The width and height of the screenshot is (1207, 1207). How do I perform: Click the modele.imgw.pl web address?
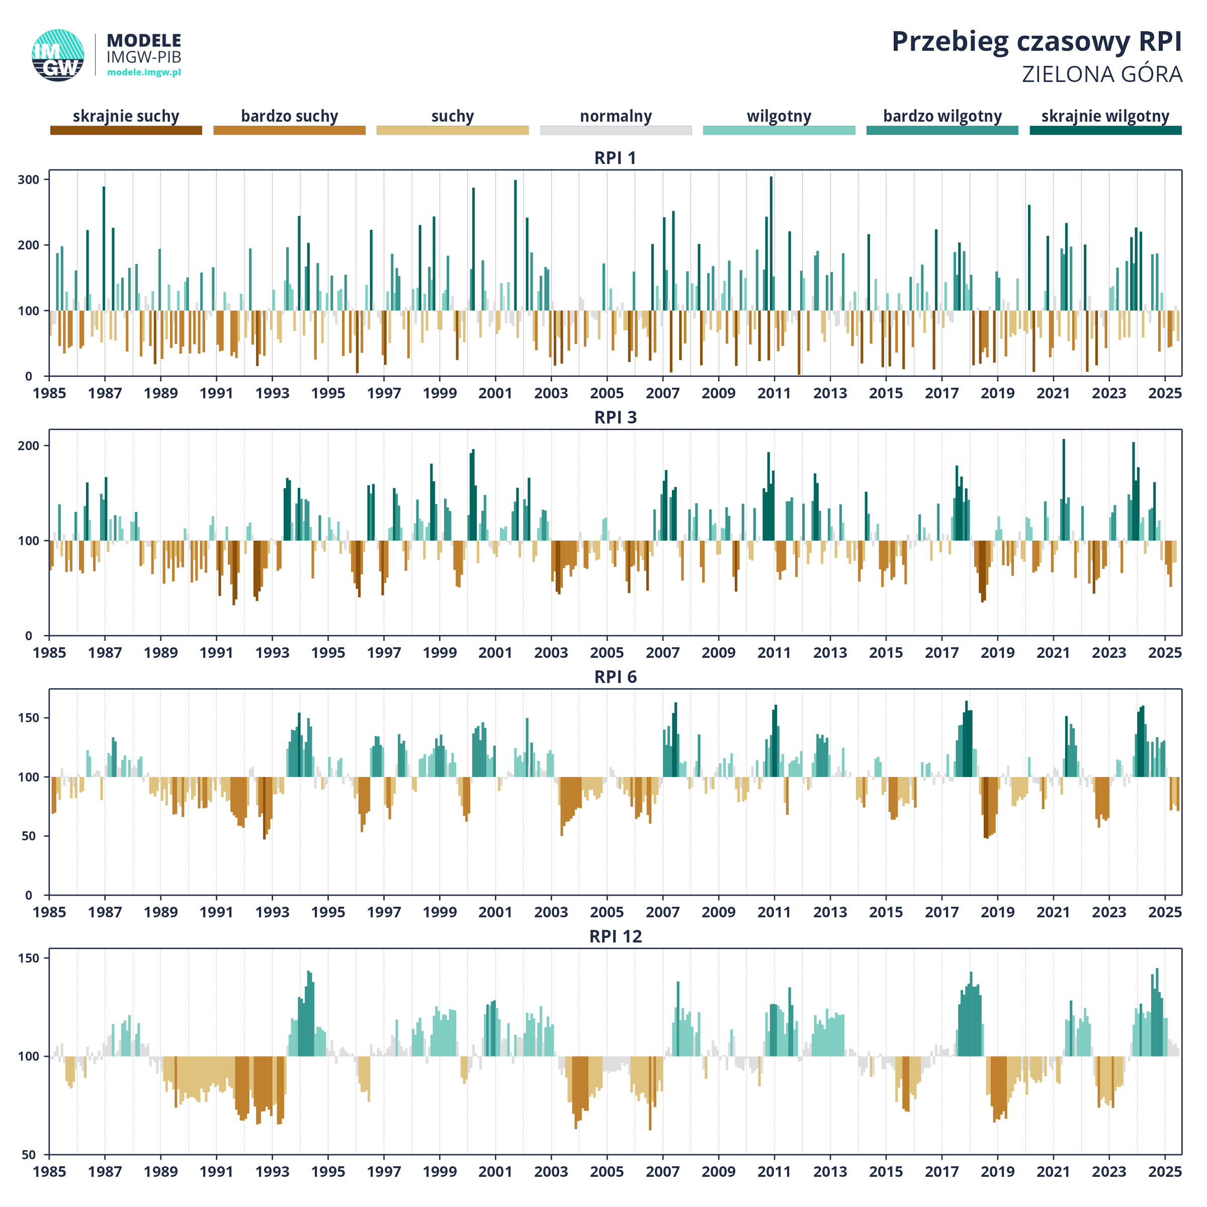[x=144, y=72]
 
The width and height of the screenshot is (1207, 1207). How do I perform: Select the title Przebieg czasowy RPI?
[x=1037, y=42]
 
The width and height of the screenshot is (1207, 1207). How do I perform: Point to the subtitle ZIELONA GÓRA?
[x=1102, y=74]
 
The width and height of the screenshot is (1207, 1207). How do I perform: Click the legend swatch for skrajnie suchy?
[x=126, y=130]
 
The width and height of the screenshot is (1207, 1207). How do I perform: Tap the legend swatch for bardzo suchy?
[x=289, y=130]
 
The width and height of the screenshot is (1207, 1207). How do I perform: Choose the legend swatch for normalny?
[x=616, y=130]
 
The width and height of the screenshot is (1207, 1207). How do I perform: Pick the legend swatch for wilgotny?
[x=779, y=130]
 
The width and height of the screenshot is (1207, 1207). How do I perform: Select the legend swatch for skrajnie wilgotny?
[x=1106, y=130]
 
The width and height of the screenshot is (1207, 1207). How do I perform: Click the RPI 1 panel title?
[x=616, y=158]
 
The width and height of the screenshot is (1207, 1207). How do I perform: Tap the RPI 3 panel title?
[x=616, y=417]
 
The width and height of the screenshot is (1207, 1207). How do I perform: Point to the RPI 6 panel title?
[x=616, y=677]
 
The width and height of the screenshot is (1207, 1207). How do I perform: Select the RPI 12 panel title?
[x=616, y=936]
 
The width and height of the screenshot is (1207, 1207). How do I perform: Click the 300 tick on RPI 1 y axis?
[x=28, y=180]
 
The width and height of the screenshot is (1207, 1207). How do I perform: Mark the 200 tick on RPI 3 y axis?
[x=28, y=446]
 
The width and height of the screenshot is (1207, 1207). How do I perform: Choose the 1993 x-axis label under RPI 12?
[x=273, y=1172]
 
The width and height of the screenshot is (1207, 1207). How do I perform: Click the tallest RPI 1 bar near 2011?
[x=771, y=243]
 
